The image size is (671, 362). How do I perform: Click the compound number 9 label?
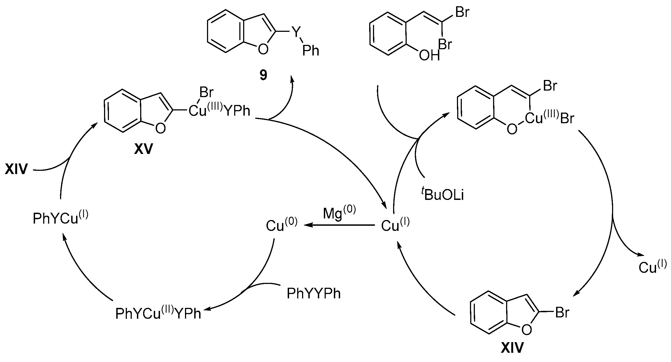(x=263, y=75)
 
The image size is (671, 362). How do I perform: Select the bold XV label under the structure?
(x=143, y=149)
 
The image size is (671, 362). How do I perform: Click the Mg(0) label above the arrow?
(x=339, y=214)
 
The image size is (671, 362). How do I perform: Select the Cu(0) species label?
(x=281, y=225)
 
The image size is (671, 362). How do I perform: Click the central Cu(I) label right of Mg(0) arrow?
(x=395, y=225)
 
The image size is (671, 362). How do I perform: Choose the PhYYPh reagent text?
(x=313, y=294)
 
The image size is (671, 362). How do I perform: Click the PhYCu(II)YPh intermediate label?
(x=158, y=313)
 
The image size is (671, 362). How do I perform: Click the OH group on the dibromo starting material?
(x=429, y=56)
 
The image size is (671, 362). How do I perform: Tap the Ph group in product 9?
(x=311, y=51)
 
